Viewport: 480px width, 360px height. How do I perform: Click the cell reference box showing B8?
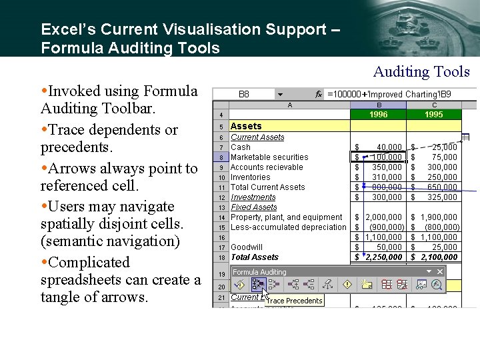click(x=244, y=95)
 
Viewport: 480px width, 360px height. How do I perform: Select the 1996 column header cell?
click(x=378, y=114)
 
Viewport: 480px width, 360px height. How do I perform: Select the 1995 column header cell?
click(x=434, y=114)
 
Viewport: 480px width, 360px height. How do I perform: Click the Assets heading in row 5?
click(x=246, y=126)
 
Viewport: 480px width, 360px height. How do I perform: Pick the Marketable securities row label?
click(x=269, y=157)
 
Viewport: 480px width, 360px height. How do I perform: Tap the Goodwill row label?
click(x=247, y=247)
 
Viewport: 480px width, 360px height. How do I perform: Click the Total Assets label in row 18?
click(x=255, y=257)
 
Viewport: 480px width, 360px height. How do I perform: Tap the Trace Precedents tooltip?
click(x=294, y=301)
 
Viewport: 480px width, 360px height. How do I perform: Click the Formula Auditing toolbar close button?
click(x=440, y=271)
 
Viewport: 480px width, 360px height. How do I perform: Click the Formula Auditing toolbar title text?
click(x=259, y=272)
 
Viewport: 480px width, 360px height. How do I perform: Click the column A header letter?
click(x=289, y=105)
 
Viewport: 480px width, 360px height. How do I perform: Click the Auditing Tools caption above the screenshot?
click(x=421, y=72)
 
